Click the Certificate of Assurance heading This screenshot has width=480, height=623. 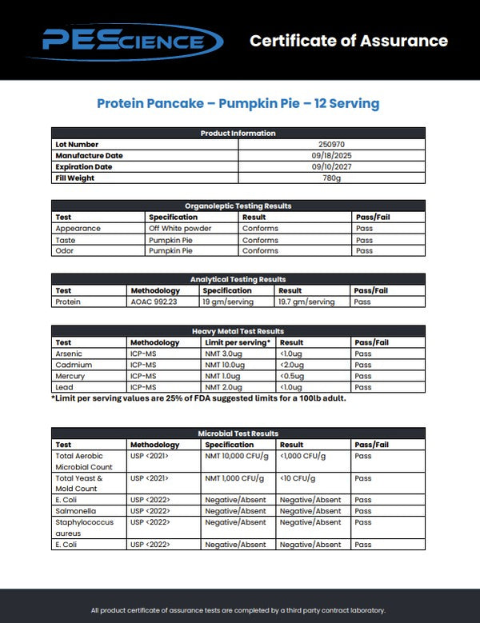pos(349,41)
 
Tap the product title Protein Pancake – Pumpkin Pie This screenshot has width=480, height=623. pos(238,103)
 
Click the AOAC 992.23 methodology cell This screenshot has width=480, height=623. pos(151,302)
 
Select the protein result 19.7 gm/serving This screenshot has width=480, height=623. pos(306,302)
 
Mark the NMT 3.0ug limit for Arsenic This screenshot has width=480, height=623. pos(223,353)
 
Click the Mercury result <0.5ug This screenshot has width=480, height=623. pos(293,376)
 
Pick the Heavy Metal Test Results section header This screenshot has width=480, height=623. pos(238,331)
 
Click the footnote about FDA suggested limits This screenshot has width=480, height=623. pos(198,397)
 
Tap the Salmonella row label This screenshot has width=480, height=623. pos(73,510)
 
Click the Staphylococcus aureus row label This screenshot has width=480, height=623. pos(79,527)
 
